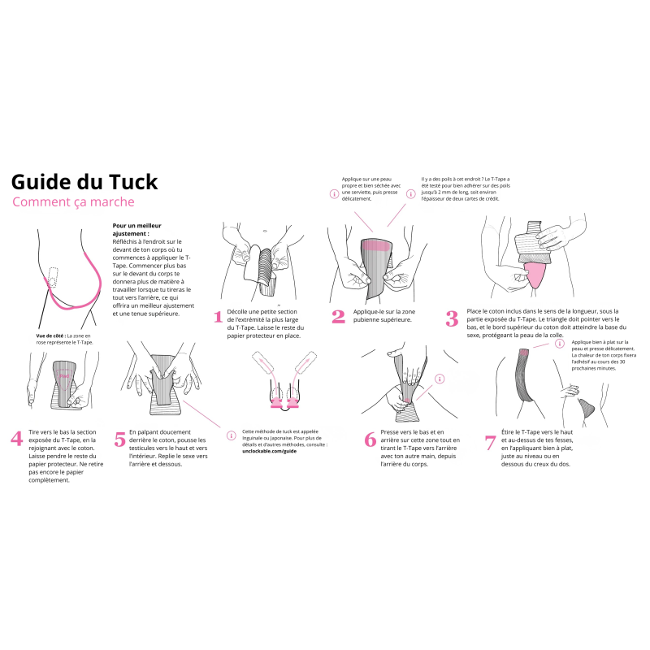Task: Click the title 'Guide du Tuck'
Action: [x=84, y=181]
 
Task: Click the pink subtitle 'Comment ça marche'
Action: [x=73, y=202]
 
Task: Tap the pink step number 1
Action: [x=218, y=317]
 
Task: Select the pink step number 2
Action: [x=338, y=317]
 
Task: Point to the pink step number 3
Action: [x=452, y=318]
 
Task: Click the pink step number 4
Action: [x=16, y=439]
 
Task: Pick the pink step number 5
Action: [x=120, y=439]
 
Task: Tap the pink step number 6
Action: [x=370, y=440]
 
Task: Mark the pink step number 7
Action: [x=490, y=443]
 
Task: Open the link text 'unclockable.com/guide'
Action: [x=270, y=450]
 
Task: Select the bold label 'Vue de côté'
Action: [x=50, y=335]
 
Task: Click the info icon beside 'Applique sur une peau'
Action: [x=333, y=194]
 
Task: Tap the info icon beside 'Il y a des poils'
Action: [x=412, y=194]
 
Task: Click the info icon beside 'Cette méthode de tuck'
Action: [x=232, y=435]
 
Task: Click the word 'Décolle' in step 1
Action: [x=240, y=311]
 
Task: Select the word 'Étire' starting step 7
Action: [x=510, y=433]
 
